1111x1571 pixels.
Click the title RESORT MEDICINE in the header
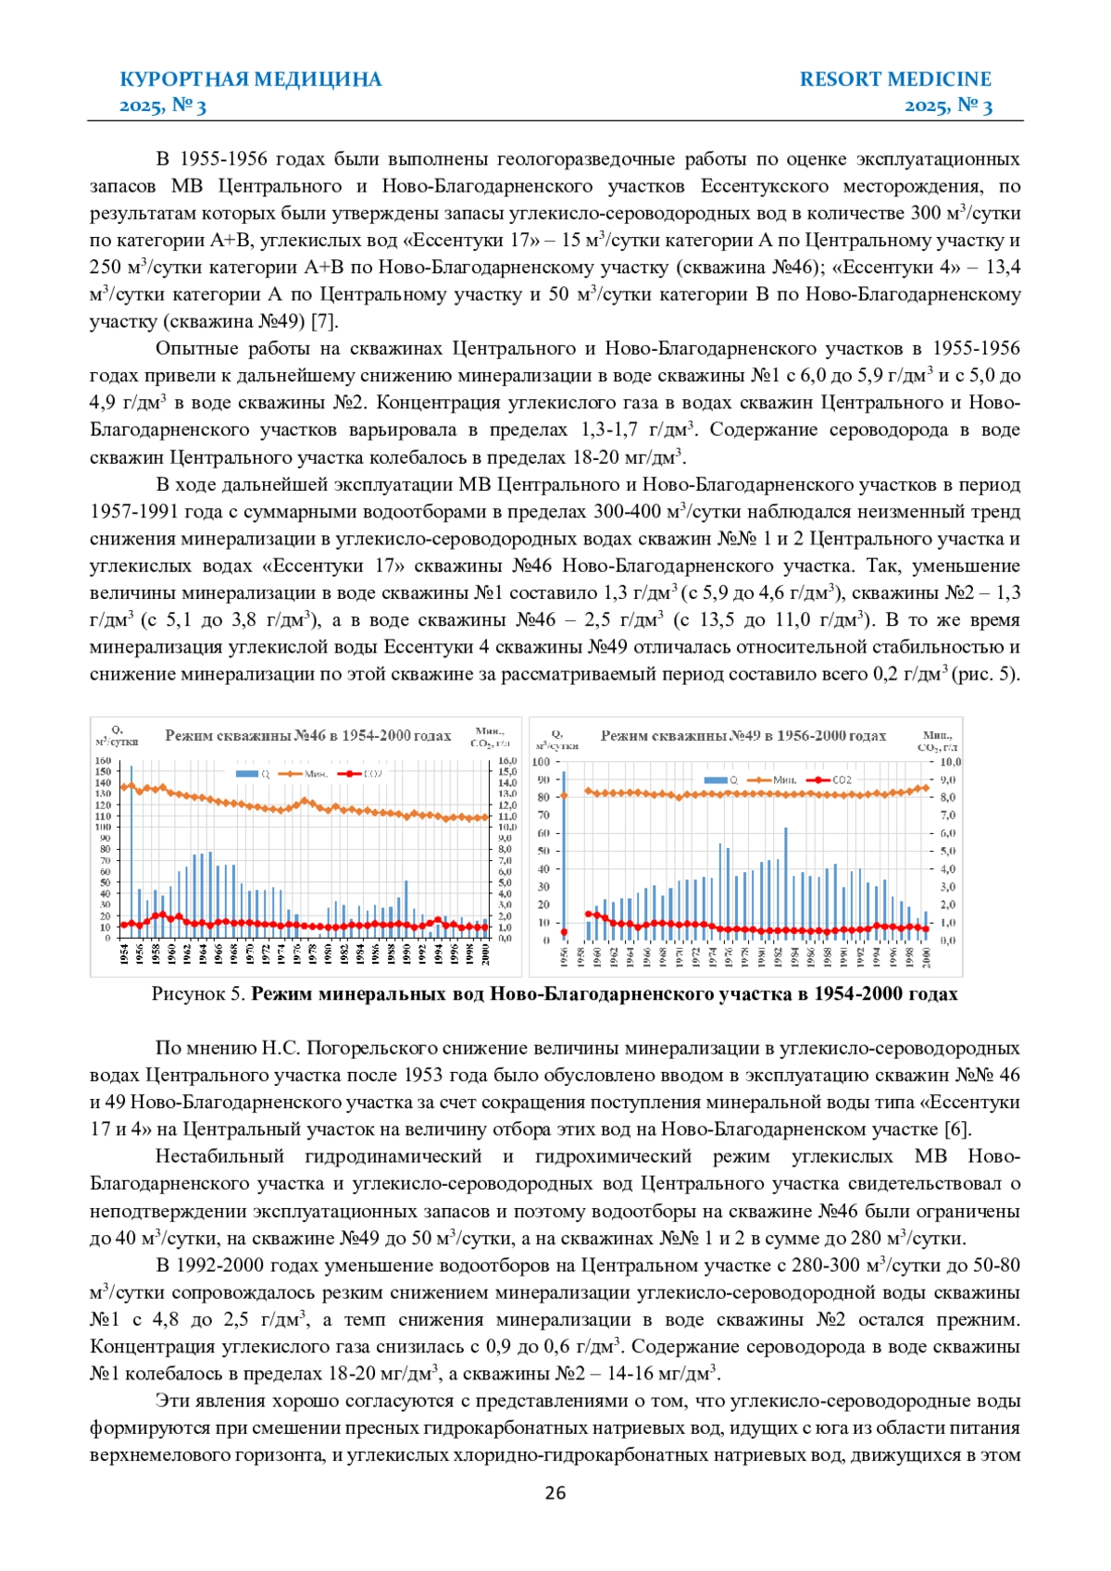(895, 79)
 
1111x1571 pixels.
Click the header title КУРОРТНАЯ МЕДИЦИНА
(251, 79)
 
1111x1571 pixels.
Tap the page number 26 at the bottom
(555, 1492)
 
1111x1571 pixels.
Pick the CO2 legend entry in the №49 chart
(831, 779)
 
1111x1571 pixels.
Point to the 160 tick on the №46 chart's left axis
(103, 761)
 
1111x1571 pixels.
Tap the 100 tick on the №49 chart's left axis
(541, 762)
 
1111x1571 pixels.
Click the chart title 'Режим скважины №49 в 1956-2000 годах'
(743, 736)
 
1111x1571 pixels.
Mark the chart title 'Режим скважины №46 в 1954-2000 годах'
(307, 736)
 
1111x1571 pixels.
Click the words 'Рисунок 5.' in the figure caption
(199, 994)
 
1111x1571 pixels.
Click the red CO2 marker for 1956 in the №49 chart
(564, 932)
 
